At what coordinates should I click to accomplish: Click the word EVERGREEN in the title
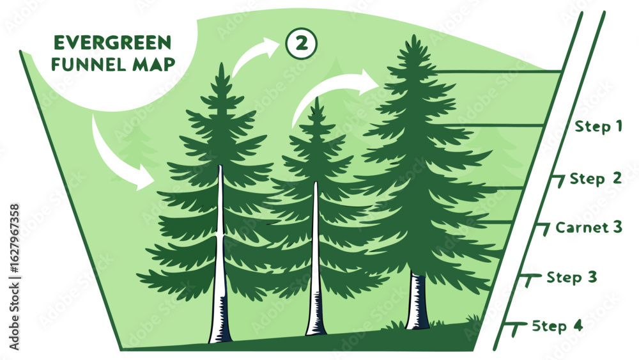(112, 43)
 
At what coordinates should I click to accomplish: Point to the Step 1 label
(598, 126)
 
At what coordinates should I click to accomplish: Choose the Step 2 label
(595, 178)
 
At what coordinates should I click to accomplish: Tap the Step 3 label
(572, 278)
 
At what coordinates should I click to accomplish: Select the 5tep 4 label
(557, 325)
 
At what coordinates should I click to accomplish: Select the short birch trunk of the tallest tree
(418, 301)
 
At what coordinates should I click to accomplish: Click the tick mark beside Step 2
(559, 180)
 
